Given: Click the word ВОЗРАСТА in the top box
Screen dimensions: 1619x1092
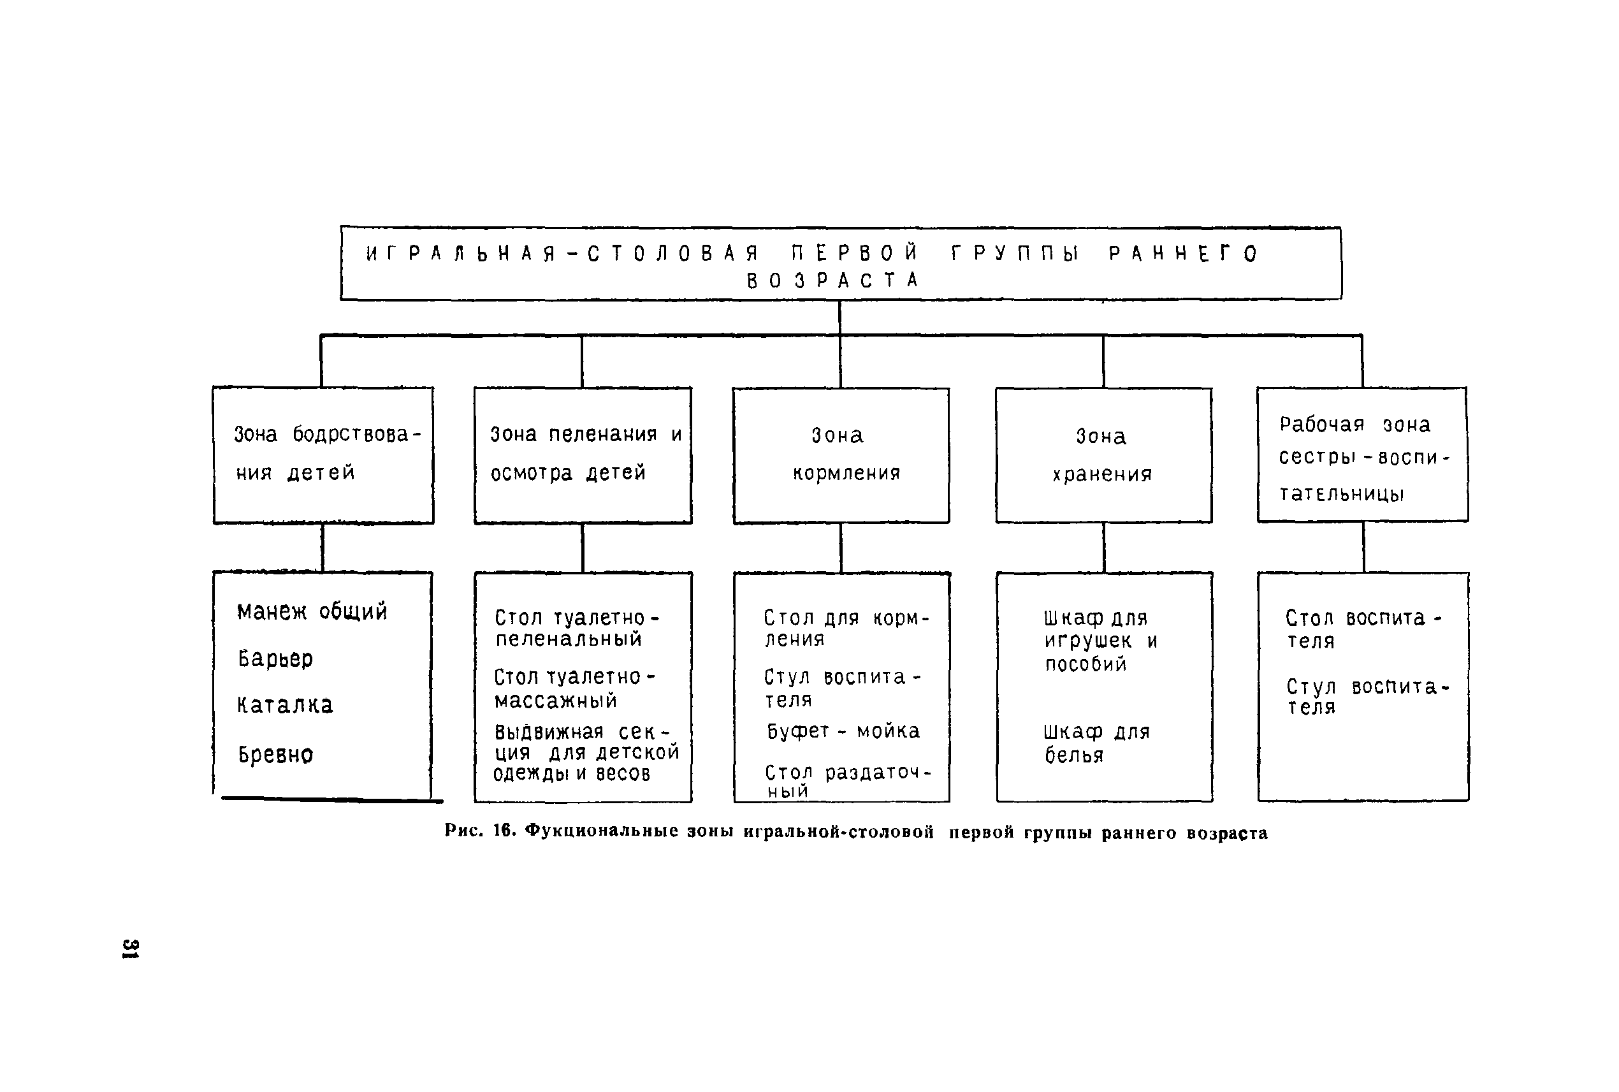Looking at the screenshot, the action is click(x=833, y=280).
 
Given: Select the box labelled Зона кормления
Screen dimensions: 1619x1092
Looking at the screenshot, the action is click(x=841, y=455).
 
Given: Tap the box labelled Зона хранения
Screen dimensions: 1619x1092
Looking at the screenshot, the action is click(x=1104, y=455).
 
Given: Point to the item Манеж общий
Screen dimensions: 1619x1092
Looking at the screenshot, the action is click(x=312, y=611).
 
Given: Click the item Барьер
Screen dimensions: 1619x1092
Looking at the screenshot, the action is click(x=275, y=658).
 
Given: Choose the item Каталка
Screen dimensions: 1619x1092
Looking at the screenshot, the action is click(x=285, y=705).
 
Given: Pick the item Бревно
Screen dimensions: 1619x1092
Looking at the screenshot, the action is click(x=275, y=754).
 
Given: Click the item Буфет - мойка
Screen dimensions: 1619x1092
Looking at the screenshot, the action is click(x=843, y=731).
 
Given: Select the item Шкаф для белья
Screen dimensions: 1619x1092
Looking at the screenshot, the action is click(x=1097, y=743).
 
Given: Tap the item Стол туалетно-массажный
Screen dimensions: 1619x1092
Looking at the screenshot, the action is click(x=575, y=688).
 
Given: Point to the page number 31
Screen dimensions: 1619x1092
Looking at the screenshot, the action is click(x=130, y=949).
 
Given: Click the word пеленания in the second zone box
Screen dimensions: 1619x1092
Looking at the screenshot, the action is click(x=602, y=434).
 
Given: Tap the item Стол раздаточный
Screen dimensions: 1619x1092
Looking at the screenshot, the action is click(x=848, y=781).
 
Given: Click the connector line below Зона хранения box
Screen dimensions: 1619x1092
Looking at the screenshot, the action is click(x=1104, y=548).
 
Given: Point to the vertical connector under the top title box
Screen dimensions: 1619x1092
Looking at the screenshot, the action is click(x=840, y=317).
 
